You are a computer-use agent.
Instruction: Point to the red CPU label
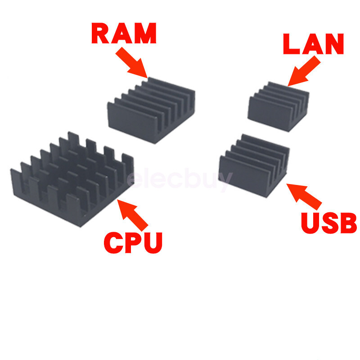pyautogui.click(x=133, y=242)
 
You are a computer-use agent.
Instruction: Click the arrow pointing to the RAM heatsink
pyautogui.click(x=132, y=63)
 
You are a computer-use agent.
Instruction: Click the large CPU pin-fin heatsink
pyautogui.click(x=72, y=178)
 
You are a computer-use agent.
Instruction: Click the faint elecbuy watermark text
pyautogui.click(x=180, y=180)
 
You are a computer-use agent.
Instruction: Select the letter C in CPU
pyautogui.click(x=113, y=242)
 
